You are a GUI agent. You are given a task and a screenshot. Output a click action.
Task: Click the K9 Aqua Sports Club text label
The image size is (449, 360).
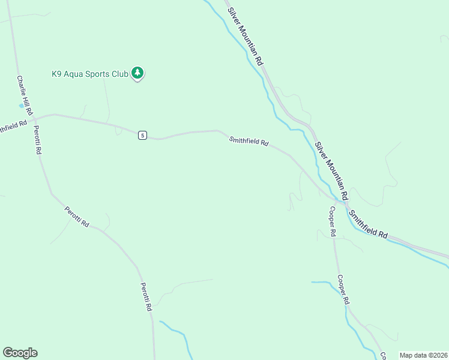(89, 74)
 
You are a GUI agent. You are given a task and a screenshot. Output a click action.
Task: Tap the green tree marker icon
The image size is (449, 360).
(138, 73)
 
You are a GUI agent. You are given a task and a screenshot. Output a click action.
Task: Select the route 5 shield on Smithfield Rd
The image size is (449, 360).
(142, 135)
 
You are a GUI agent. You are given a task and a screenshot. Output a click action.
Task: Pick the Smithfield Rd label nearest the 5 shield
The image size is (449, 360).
(249, 142)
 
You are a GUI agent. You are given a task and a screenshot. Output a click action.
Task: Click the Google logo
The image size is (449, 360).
(20, 353)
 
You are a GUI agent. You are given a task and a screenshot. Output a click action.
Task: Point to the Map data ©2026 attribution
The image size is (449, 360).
(423, 355)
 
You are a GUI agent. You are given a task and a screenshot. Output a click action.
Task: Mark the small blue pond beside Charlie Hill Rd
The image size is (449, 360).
(22, 106)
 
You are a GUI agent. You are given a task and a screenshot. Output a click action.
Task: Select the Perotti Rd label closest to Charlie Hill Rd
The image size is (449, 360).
(37, 140)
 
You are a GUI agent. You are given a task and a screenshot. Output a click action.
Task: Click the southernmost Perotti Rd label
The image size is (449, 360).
(146, 296)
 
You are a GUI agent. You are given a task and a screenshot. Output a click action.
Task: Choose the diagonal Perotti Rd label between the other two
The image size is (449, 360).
(77, 216)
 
